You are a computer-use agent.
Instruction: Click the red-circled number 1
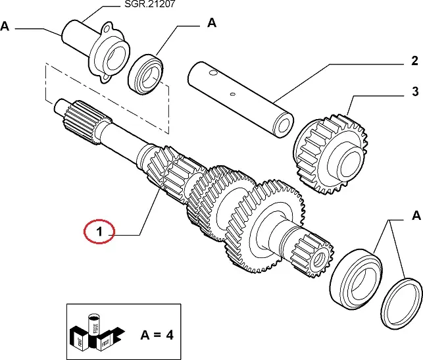[x=99, y=232]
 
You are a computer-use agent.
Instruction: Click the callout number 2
[x=414, y=62]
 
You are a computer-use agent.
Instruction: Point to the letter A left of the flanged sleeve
[x=6, y=26]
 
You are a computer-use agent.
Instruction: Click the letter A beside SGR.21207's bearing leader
[x=211, y=23]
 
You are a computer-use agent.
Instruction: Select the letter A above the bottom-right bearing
[x=415, y=215]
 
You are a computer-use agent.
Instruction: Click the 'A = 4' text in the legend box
[x=157, y=334]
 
